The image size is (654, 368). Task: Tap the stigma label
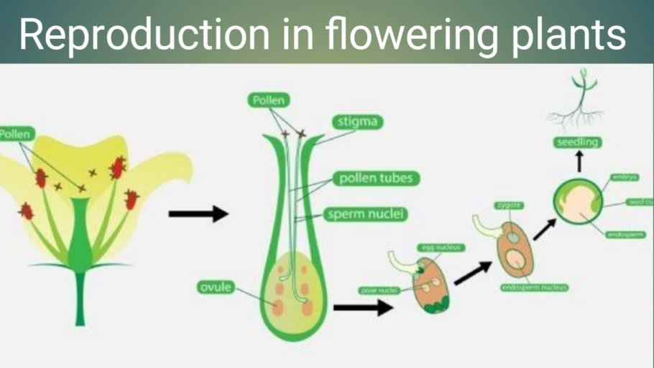coord(357,121)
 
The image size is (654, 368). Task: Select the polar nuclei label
coord(379,290)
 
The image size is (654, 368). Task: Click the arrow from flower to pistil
coord(198,213)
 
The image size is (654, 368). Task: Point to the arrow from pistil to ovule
coord(363,308)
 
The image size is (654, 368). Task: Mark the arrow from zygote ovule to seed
coord(543,229)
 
